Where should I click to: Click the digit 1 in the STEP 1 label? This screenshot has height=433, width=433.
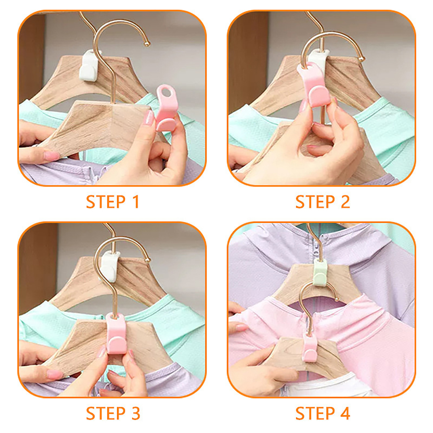135,202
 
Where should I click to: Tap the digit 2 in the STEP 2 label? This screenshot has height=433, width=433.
345,202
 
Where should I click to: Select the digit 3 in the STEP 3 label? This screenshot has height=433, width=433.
136,413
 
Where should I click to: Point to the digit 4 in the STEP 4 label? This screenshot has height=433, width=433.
345,413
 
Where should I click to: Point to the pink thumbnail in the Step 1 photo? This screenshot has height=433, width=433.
149,118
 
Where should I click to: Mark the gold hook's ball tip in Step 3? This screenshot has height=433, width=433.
148,260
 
